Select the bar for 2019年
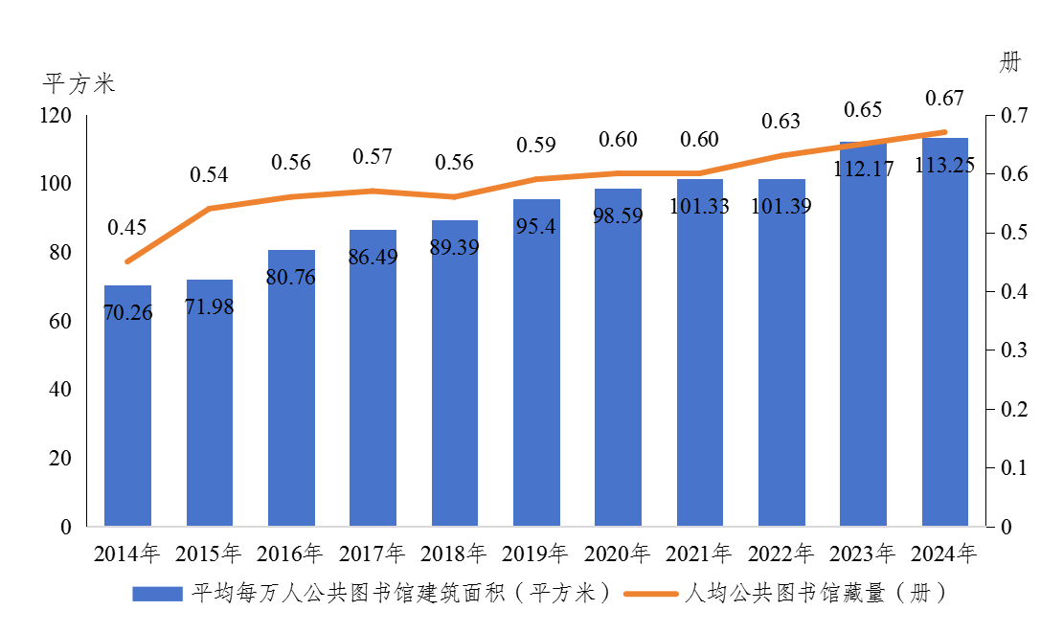pos(536,364)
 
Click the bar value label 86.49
pos(373,258)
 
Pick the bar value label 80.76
pos(291,277)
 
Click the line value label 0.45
pos(127,227)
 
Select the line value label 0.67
pos(944,98)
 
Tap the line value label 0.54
pos(209,174)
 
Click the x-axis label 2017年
pos(373,554)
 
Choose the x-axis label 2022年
pos(781,554)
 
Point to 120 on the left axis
pos(57,116)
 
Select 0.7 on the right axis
pos(1014,116)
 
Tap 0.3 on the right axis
pos(1014,350)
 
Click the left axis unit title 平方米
pos(79,83)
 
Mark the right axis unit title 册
pos(1009,63)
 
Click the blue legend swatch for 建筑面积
pos(157,594)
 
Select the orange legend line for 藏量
pos(651,594)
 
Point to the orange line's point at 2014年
pos(127,261)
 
